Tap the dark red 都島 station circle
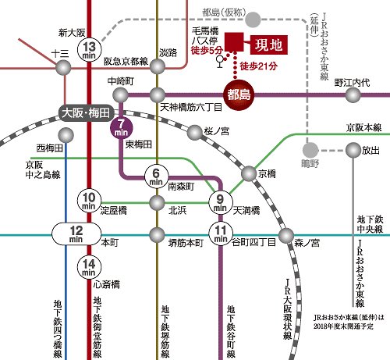click(x=239, y=94)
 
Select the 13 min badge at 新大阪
click(x=91, y=49)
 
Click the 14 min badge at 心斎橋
click(x=91, y=266)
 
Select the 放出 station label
click(x=371, y=150)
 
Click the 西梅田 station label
click(x=49, y=148)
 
